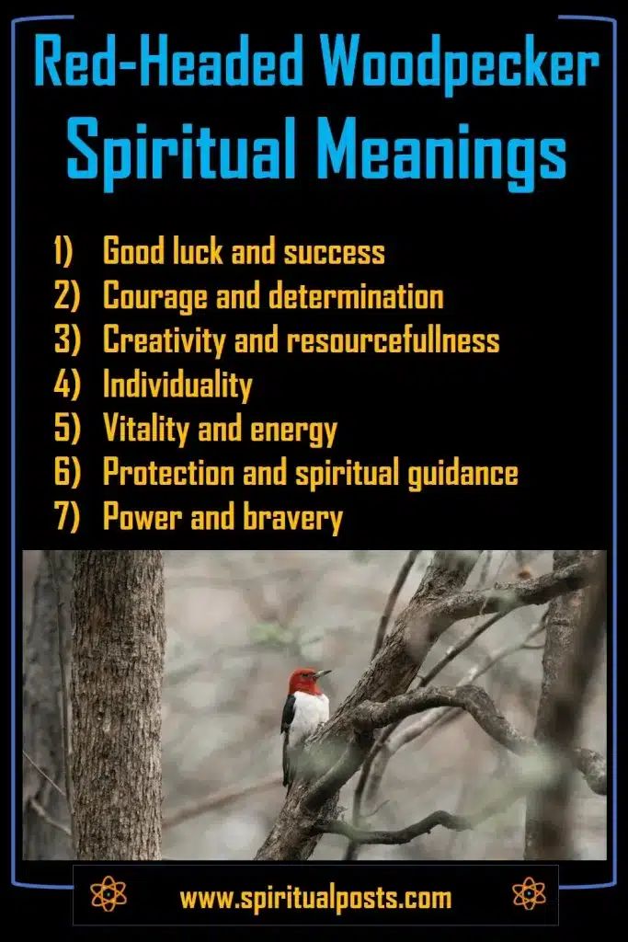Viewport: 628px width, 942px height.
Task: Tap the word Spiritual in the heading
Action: [x=189, y=148]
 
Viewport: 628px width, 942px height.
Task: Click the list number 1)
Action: [x=68, y=251]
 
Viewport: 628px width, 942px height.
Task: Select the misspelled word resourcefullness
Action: [x=393, y=340]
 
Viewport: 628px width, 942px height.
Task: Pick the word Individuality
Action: [x=177, y=385]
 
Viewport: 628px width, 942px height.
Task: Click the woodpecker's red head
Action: [x=304, y=682]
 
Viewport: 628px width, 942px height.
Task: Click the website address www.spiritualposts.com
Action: [x=314, y=897]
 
